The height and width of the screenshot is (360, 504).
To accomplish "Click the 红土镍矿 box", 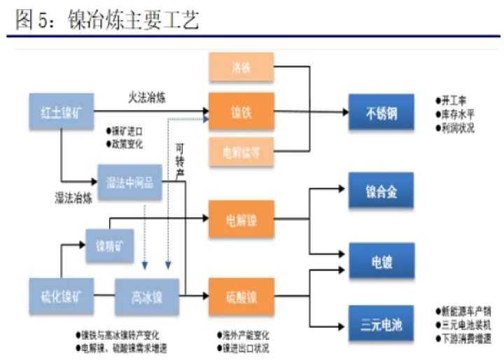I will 62,111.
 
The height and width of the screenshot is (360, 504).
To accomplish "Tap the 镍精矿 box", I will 110,246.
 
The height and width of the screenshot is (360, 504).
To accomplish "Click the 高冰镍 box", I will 147,296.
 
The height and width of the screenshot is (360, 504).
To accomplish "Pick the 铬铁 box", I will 241,69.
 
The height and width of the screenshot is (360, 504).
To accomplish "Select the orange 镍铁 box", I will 241,111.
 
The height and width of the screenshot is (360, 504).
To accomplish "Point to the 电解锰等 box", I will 241,153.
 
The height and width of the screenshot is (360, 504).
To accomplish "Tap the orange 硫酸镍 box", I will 241,296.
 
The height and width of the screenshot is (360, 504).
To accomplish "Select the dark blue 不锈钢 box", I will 381,112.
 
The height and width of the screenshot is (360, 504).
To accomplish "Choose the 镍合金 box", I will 381,191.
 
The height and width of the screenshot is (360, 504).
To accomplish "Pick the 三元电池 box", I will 381,326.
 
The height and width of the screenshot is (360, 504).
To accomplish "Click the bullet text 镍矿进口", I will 127,131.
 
